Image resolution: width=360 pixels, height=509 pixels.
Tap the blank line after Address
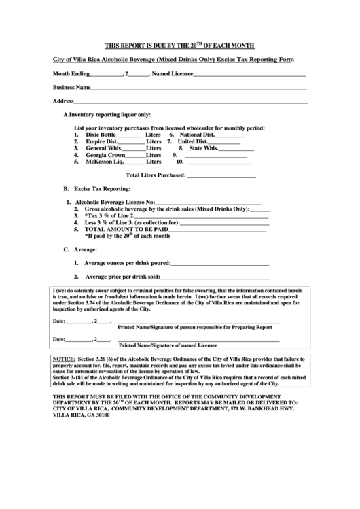click(x=191, y=102)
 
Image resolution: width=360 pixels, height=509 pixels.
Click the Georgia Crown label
click(x=105, y=156)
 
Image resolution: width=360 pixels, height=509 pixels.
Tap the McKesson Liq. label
click(x=105, y=162)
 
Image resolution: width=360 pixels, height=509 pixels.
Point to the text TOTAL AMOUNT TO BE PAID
click(x=123, y=230)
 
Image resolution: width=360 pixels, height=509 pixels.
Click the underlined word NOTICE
click(x=64, y=358)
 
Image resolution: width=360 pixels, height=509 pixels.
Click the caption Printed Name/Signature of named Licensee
click(x=177, y=345)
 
